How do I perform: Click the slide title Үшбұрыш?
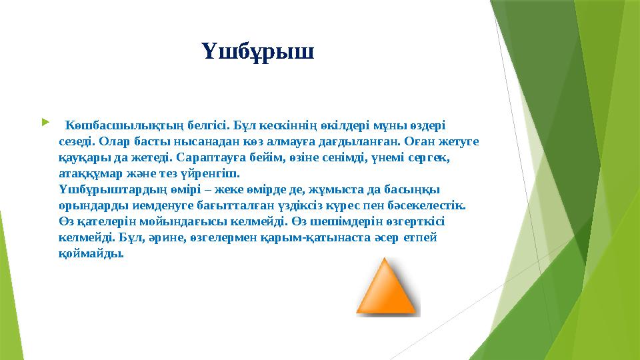point(257,51)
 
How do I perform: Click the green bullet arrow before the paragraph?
point(44,123)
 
